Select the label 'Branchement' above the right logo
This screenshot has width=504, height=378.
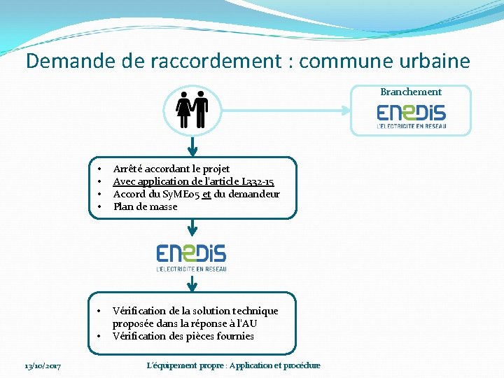[411, 92]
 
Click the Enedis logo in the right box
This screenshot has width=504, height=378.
[412, 116]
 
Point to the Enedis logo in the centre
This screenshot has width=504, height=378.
[191, 257]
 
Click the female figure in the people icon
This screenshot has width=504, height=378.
[183, 109]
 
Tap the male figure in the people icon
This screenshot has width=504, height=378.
[201, 109]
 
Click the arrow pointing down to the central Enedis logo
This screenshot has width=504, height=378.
[192, 230]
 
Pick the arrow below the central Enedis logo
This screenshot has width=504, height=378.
[192, 283]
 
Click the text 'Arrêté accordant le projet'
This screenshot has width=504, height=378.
[171, 169]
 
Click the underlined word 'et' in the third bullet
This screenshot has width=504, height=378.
[206, 194]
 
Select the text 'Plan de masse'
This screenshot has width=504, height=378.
[145, 206]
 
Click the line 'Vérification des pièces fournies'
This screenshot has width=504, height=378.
[183, 336]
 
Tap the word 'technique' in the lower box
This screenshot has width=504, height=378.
[255, 311]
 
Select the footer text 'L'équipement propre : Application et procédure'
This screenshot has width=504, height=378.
[234, 365]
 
